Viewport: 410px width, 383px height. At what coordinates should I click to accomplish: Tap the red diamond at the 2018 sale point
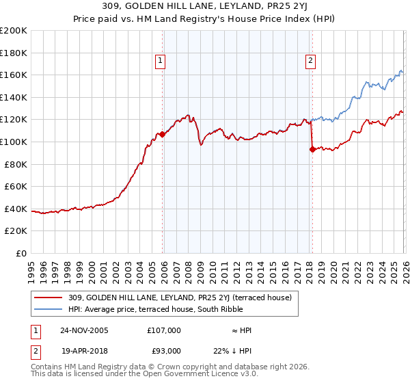coord(312,150)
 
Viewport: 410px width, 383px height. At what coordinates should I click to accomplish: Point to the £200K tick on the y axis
coord(14,31)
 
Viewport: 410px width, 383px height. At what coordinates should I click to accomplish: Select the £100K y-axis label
coord(14,142)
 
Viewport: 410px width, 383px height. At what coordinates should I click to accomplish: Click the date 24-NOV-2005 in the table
coord(84,330)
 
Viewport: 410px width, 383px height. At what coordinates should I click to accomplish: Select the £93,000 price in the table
coord(164,351)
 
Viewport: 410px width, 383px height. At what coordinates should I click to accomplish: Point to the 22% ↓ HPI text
coord(241,351)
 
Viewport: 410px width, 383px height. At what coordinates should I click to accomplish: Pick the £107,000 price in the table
coord(164,330)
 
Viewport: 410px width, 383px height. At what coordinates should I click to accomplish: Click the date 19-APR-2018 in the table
coord(84,351)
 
